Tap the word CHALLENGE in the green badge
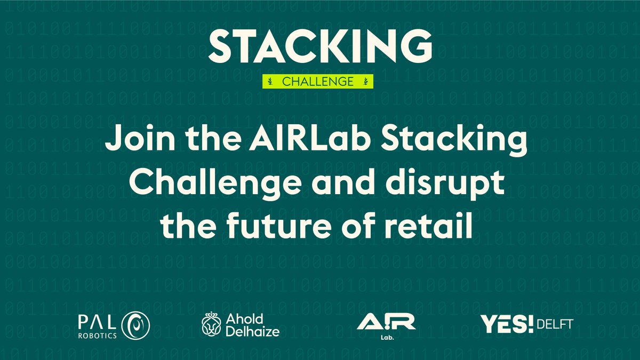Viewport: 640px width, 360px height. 318,82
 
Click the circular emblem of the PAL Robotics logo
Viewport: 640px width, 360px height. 136,325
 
